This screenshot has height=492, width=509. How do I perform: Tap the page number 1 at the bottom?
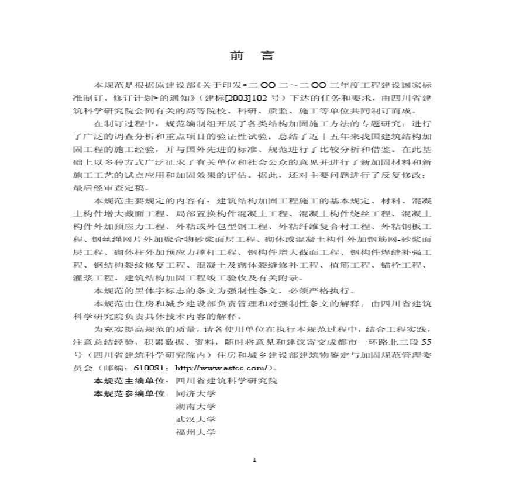[x=254, y=460]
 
